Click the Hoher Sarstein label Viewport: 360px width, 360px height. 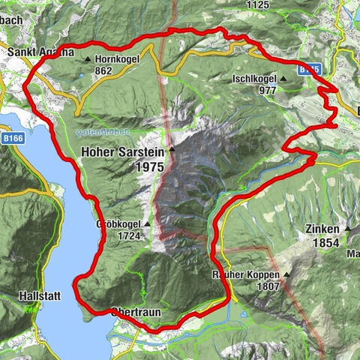pyautogui.click(x=121, y=152)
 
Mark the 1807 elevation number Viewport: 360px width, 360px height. pyautogui.click(x=266, y=286)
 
